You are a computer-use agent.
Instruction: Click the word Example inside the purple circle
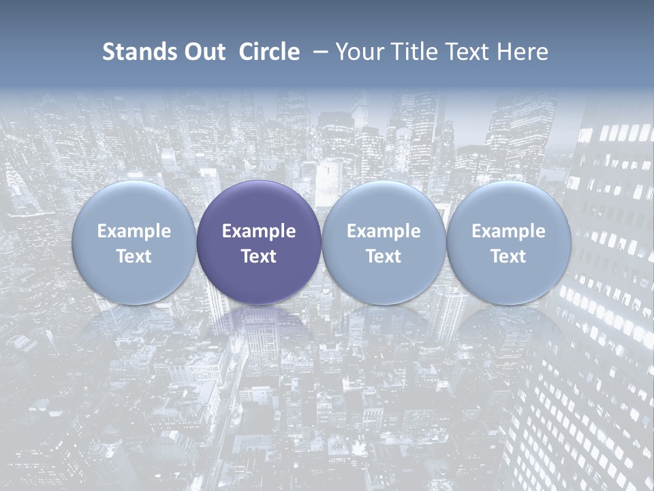pos(259,231)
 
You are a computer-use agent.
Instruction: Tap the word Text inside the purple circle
pos(259,256)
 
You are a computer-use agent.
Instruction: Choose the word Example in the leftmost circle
pos(134,231)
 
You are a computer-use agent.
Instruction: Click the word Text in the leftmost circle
pos(134,256)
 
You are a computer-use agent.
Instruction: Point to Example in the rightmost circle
pos(509,231)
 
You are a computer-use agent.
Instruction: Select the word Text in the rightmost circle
pos(509,256)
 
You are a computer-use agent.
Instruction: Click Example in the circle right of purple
pos(384,231)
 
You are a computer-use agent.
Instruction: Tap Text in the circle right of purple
pos(384,256)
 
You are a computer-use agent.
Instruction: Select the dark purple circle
pos(259,205)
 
